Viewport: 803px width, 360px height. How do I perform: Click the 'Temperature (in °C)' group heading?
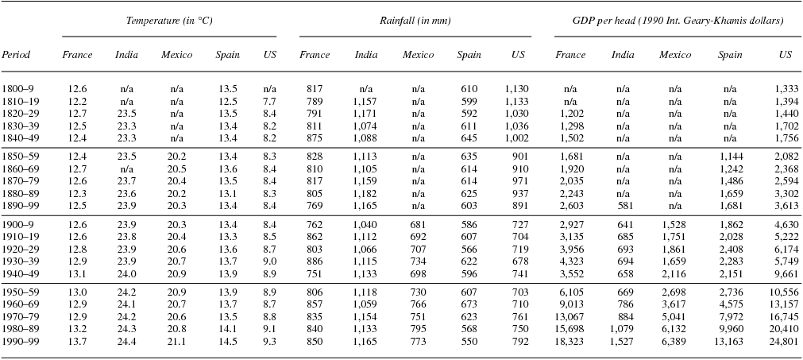[x=169, y=21]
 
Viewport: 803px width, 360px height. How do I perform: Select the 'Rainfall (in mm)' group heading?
[x=415, y=21]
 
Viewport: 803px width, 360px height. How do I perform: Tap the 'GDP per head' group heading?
[x=678, y=21]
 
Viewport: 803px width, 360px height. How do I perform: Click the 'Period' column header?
[x=16, y=55]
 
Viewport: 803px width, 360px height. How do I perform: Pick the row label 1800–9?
[x=17, y=89]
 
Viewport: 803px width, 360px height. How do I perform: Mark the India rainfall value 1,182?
[x=365, y=193]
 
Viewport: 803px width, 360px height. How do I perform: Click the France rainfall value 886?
[x=315, y=261]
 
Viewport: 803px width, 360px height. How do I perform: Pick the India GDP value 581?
[x=625, y=206]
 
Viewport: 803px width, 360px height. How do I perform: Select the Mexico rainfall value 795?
[x=417, y=328]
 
